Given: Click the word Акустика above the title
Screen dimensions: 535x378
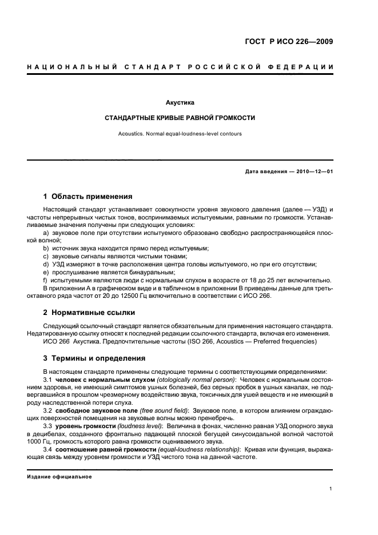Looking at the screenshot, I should click(x=180, y=103).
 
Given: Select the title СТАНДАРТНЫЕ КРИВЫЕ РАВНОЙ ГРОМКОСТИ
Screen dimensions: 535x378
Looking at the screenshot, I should click(x=180, y=118).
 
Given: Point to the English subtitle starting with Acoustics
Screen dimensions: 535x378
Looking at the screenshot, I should click(x=180, y=134).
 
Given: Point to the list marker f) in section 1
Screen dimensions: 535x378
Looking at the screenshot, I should click(x=46, y=281).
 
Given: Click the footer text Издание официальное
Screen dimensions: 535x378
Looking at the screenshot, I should click(x=59, y=477).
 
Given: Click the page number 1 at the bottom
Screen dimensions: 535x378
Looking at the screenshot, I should click(x=331, y=489).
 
